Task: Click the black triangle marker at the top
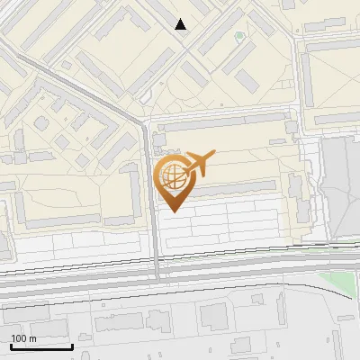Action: click(x=181, y=24)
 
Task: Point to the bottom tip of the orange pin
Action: click(x=174, y=211)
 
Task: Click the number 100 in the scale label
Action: click(x=20, y=338)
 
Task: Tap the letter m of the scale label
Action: click(x=32, y=338)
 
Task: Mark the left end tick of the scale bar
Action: click(x=11, y=346)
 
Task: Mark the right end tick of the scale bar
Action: click(x=72, y=346)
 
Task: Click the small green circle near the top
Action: click(x=238, y=37)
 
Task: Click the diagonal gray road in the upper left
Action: click(x=81, y=86)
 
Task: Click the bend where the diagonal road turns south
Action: click(x=142, y=121)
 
